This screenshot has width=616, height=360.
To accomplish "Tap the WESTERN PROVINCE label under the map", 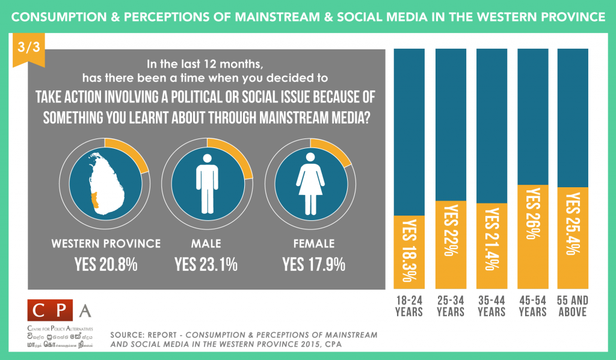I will [x=106, y=244].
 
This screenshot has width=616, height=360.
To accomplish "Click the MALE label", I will [x=206, y=244].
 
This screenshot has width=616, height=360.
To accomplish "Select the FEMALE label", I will [x=310, y=244].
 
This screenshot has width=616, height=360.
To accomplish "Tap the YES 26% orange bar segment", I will [x=532, y=237].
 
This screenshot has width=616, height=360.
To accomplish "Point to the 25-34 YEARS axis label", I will [x=450, y=306].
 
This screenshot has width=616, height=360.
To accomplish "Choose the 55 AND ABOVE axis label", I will [x=573, y=306].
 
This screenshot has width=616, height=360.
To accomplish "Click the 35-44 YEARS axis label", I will [x=491, y=306].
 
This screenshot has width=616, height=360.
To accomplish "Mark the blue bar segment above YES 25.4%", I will [x=573, y=117].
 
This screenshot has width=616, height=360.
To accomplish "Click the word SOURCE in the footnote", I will [x=128, y=334].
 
